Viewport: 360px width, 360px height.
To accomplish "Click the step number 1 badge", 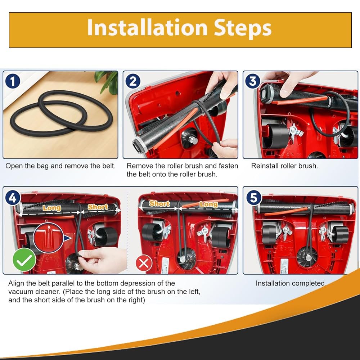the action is tap(13, 81).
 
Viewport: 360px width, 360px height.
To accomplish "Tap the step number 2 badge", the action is tap(133, 81).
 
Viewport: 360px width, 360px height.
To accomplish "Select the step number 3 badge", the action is tap(253, 81).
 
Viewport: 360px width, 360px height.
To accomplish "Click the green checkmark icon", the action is tap(24, 260).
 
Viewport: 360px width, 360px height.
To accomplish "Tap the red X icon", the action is tap(144, 264).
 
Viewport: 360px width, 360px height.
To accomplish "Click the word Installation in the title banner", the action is tap(148, 28).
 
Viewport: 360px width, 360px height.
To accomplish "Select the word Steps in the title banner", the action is tap(242, 29).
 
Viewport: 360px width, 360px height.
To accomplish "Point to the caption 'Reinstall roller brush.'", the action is tap(284, 166).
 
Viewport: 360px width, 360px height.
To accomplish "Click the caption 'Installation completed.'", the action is tap(291, 283).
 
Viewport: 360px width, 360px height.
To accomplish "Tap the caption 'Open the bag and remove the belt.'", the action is tap(60, 166).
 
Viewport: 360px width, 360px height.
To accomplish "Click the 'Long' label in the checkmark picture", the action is tap(52, 208).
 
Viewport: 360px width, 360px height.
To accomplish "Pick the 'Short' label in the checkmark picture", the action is tap(98, 207).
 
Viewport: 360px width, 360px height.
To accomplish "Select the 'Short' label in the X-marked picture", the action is tap(159, 203).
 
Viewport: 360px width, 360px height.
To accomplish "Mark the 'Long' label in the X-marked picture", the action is tap(208, 204).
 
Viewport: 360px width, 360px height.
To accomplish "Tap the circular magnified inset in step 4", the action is tap(49, 238).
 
